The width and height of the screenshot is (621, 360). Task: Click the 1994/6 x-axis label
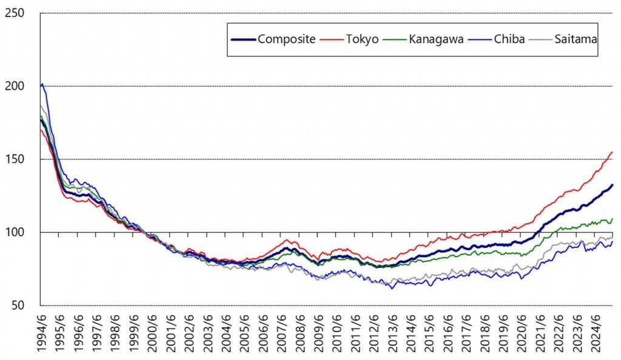click(x=41, y=333)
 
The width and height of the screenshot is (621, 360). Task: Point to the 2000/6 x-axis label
click(x=153, y=333)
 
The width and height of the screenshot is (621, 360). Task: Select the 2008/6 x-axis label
click(x=301, y=333)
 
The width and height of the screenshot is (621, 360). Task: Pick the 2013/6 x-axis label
click(x=394, y=333)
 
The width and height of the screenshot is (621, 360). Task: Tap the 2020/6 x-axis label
click(x=524, y=333)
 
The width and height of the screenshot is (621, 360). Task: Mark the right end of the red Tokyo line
click(x=613, y=152)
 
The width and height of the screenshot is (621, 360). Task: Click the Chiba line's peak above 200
click(x=42, y=84)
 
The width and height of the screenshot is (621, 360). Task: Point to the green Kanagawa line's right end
click(x=613, y=218)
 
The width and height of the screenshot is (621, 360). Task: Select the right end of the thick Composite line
click(x=613, y=185)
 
